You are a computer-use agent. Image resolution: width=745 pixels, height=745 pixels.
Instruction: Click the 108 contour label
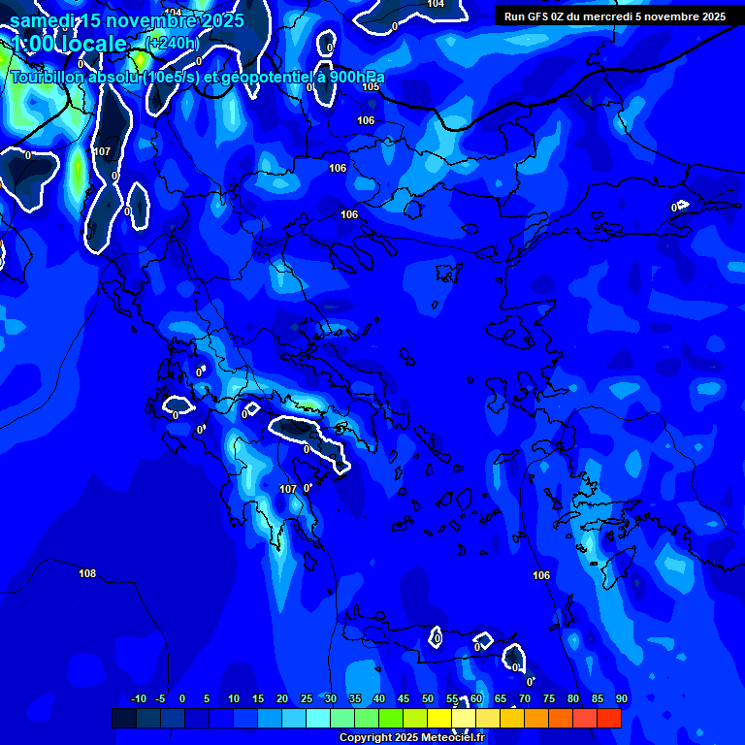[x=87, y=573]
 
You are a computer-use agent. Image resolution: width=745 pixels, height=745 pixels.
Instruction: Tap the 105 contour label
[x=371, y=86]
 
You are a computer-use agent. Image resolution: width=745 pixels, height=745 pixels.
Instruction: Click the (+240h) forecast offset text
[x=172, y=43]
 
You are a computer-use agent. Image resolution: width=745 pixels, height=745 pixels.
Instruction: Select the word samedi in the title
[x=44, y=19]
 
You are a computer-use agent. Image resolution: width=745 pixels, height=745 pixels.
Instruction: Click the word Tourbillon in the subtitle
[x=54, y=78]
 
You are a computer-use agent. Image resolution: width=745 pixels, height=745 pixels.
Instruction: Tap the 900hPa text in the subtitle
[x=352, y=78]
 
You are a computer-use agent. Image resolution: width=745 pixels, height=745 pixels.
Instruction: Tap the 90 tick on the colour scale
[x=621, y=699]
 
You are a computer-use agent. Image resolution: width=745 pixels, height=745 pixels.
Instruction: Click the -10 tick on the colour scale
[x=139, y=699]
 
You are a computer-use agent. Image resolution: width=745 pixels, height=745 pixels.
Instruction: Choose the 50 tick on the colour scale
[x=428, y=699]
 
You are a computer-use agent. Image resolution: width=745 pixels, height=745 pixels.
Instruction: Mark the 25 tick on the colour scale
[x=307, y=699]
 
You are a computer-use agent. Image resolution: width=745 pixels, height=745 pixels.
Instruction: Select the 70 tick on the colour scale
[x=525, y=699]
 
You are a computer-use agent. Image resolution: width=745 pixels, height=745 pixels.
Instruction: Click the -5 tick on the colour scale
[x=161, y=699]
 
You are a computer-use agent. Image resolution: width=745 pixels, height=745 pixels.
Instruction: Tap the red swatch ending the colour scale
[x=609, y=718]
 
